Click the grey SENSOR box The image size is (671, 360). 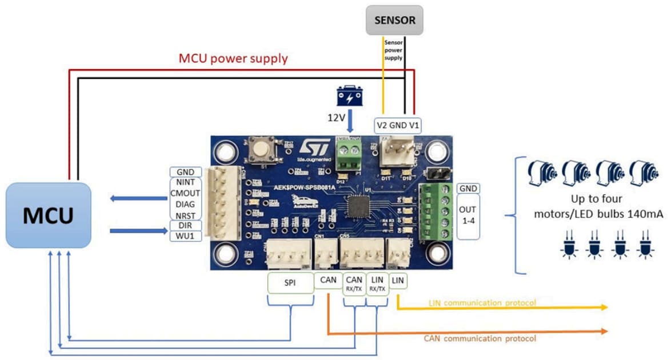pyautogui.click(x=394, y=21)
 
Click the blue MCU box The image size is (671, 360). pyautogui.click(x=48, y=215)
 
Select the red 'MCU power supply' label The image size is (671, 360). pyautogui.click(x=233, y=58)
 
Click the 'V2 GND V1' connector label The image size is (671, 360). pyautogui.click(x=398, y=125)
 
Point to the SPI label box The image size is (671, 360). pyautogui.click(x=291, y=283)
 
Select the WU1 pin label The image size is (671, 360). pyautogui.click(x=186, y=235)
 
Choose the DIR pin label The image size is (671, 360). pyautogui.click(x=186, y=225)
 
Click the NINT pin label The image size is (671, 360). pyautogui.click(x=186, y=182)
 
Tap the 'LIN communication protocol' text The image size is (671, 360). pyautogui.click(x=482, y=302)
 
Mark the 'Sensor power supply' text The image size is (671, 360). pyautogui.click(x=393, y=50)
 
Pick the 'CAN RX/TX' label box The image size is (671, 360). pyautogui.click(x=354, y=283)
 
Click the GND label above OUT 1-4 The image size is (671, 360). pyautogui.click(x=468, y=189)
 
